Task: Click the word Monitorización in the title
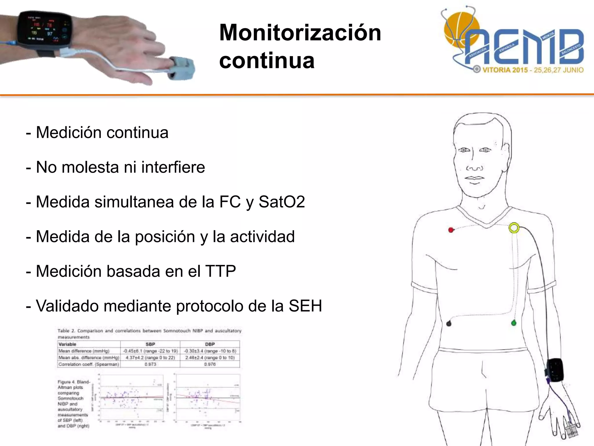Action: (300, 33)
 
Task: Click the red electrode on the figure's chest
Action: (451, 230)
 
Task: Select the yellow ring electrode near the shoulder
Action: (514, 228)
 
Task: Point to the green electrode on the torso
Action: (514, 323)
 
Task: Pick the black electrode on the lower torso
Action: (449, 323)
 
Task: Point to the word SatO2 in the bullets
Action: (281, 202)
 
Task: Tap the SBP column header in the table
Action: (150, 344)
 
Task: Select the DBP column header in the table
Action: (210, 344)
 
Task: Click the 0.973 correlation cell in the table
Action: (150, 364)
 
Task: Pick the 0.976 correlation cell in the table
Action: (210, 364)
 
